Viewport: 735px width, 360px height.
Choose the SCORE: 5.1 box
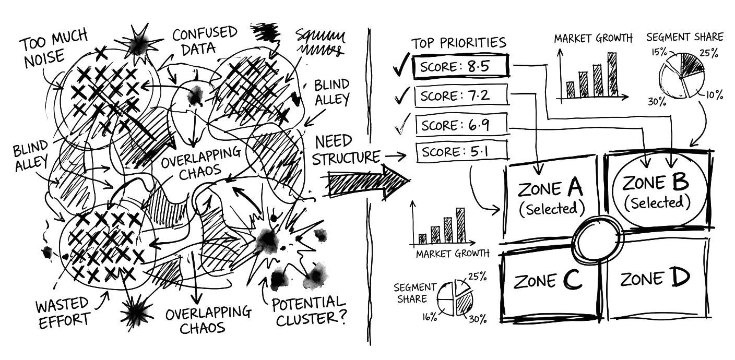(x=461, y=152)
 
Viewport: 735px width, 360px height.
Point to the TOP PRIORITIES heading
(x=458, y=43)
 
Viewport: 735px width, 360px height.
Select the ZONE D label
(x=656, y=279)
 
